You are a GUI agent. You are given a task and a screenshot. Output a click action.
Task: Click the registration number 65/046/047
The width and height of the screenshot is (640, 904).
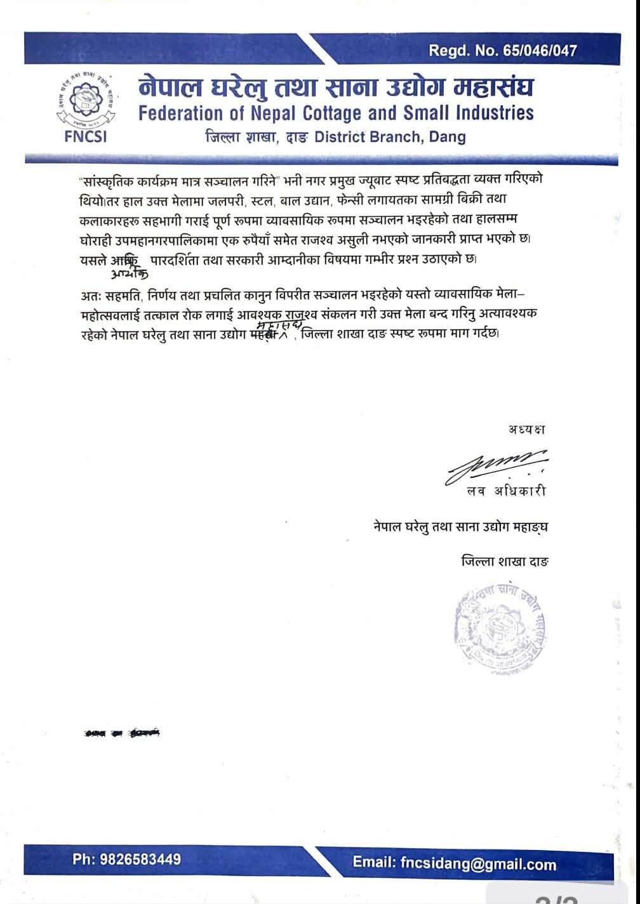click(x=538, y=51)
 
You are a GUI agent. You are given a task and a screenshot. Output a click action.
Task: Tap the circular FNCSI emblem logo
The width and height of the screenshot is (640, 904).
click(x=86, y=101)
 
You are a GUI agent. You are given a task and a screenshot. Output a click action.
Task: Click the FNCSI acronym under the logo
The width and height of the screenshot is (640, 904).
click(x=86, y=136)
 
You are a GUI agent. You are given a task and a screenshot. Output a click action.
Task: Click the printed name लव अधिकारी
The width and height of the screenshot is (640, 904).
click(x=505, y=490)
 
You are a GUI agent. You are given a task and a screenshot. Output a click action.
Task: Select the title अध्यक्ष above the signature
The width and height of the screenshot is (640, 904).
click(x=526, y=429)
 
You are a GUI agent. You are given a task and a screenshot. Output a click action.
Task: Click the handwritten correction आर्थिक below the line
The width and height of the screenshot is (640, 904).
click(x=129, y=273)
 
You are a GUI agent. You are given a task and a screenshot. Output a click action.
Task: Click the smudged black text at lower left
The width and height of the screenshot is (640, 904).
click(x=121, y=733)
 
